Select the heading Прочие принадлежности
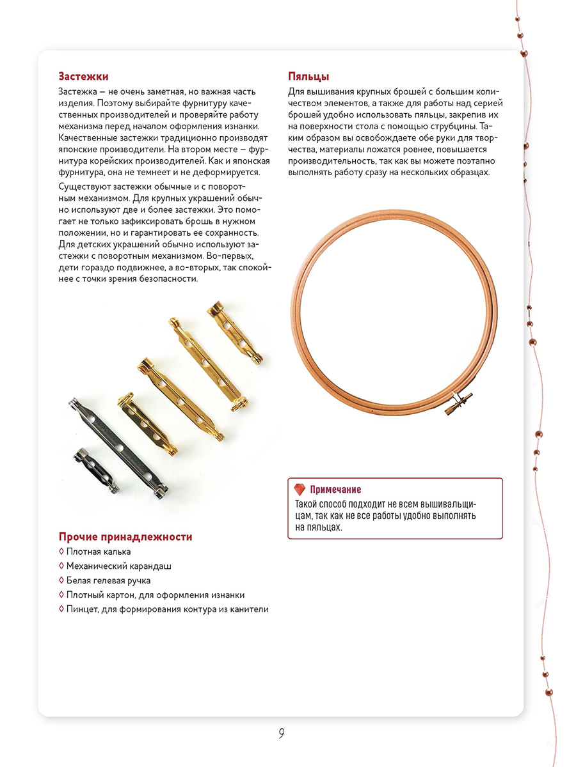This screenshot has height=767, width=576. [x=125, y=537]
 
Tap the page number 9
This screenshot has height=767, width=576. [x=282, y=733]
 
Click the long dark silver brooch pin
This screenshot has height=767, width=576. [x=118, y=446]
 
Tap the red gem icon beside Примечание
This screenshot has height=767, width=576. [x=299, y=490]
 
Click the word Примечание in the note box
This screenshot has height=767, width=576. [x=335, y=490]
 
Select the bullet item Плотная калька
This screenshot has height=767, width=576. [x=99, y=552]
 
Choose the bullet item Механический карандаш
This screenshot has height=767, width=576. [x=118, y=566]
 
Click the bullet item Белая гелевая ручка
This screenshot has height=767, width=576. [x=108, y=580]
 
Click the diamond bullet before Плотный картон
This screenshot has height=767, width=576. [x=61, y=595]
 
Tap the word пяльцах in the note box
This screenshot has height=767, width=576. [x=326, y=528]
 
